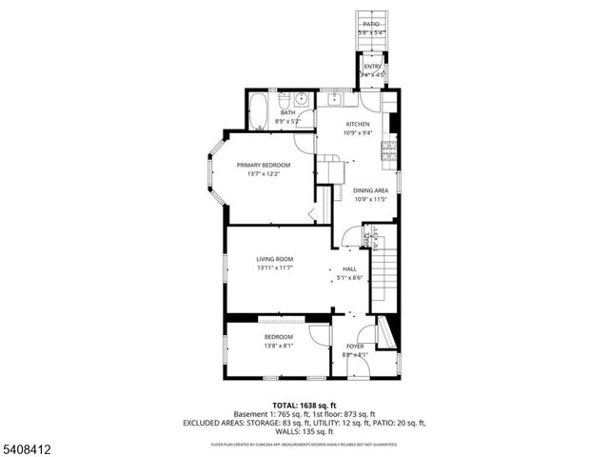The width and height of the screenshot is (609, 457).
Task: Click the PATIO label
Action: coord(370,24)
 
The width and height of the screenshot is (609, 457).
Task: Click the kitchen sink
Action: coord(335,98)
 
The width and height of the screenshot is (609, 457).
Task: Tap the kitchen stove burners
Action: coord(388,149)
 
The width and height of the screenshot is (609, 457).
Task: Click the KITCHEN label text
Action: coord(358,125)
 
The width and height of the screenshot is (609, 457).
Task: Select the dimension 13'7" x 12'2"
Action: coord(264,174)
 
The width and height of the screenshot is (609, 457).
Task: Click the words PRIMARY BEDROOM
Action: coord(264,165)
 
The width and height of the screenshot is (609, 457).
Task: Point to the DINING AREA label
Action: coord(371,190)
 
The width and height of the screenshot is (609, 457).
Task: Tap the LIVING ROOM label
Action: coord(274,259)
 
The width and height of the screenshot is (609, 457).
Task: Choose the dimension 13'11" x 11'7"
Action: coord(274,268)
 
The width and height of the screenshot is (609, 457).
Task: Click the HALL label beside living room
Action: coord(349,269)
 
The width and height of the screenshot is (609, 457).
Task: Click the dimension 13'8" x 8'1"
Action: coord(278,347)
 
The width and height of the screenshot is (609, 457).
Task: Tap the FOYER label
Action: coord(355,346)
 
